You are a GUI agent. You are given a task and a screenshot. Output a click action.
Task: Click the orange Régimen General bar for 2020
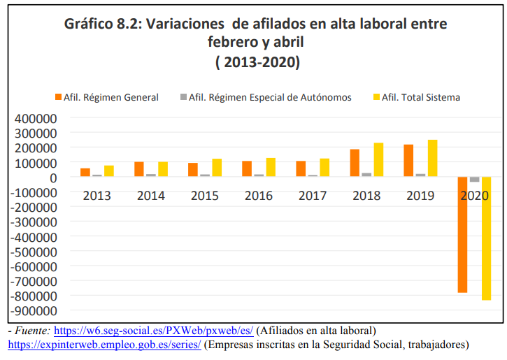462,234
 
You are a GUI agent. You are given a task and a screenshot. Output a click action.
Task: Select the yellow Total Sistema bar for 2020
486,238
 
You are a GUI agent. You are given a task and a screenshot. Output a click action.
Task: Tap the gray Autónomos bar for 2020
474,180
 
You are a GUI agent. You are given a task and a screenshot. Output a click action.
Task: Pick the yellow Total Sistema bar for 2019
433,159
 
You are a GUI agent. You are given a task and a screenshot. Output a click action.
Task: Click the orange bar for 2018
355,163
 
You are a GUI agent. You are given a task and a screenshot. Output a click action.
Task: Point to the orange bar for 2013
85,173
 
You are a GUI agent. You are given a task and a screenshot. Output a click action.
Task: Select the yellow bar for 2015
217,168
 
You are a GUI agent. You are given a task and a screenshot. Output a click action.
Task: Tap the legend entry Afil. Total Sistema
425,97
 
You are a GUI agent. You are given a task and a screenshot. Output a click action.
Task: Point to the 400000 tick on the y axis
34,117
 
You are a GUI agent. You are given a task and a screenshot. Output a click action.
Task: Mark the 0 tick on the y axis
53,178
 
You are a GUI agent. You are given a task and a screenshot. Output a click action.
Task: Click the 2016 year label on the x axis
259,196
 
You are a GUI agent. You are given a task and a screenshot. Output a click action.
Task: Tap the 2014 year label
151,196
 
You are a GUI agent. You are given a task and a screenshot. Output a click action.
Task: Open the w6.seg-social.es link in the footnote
153,330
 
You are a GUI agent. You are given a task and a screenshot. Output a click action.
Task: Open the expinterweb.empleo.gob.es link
104,345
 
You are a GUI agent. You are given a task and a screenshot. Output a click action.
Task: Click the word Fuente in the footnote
31,330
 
